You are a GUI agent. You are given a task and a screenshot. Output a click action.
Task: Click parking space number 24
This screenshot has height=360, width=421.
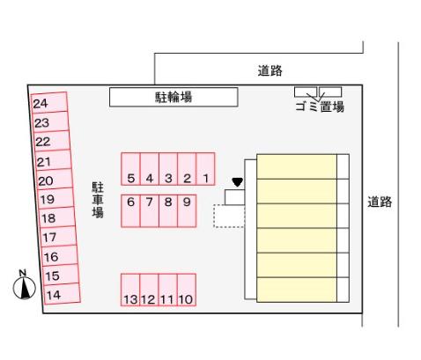click(49, 102)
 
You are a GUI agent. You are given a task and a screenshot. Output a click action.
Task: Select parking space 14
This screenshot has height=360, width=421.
click(62, 294)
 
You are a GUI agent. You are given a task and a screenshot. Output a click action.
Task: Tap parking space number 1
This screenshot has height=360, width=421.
click(205, 169)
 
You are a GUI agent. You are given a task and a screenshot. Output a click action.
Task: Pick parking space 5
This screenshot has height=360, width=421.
click(130, 169)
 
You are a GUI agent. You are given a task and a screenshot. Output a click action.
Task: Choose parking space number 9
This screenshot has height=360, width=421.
click(187, 211)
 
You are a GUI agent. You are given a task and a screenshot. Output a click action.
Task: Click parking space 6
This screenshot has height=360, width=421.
click(130, 211)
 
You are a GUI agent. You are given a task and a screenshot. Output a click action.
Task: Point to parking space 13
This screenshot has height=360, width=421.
click(130, 290)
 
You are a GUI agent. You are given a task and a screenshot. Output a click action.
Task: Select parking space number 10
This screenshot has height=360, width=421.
click(187, 290)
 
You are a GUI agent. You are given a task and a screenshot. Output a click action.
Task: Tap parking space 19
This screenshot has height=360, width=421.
click(55, 198)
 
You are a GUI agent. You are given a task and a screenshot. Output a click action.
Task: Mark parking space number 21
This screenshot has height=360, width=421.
click(53, 160)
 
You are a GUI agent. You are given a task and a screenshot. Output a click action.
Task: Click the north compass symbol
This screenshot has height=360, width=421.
click(25, 285)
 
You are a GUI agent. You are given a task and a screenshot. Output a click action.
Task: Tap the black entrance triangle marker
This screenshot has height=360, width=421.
click(237, 182)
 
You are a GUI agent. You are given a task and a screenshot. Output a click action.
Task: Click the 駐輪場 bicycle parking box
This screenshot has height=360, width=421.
click(174, 97)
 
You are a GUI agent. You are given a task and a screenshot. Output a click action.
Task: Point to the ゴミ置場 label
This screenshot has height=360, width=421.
click(320, 107)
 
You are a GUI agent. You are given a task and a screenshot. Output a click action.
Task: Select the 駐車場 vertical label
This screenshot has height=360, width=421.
click(98, 200)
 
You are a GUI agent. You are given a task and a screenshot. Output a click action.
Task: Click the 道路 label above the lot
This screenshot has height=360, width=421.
click(270, 70)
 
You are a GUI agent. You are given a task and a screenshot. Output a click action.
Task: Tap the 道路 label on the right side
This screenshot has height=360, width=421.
click(380, 202)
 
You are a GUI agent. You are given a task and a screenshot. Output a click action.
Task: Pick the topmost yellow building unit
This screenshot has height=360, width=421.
click(297, 166)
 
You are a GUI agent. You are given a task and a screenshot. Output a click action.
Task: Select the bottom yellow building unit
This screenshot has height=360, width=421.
click(297, 290)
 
